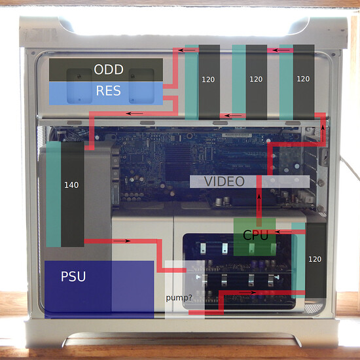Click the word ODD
(109, 69)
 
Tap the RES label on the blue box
(108, 90)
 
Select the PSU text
(73, 276)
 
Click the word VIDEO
(225, 181)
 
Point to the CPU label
(255, 235)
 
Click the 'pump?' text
(179, 298)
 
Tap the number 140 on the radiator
(71, 185)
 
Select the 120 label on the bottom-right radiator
(315, 259)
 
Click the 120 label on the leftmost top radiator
(208, 79)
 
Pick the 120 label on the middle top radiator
(256, 79)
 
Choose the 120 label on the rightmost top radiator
(303, 79)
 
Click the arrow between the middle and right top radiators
(280, 50)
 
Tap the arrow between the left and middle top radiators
(233, 115)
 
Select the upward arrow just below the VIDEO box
(259, 203)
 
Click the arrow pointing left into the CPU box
(283, 232)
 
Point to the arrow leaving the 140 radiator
(122, 241)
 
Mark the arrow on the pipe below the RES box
(135, 113)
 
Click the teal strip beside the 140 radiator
(54, 194)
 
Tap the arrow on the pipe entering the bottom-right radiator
(247, 293)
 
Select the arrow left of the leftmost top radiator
(187, 50)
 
